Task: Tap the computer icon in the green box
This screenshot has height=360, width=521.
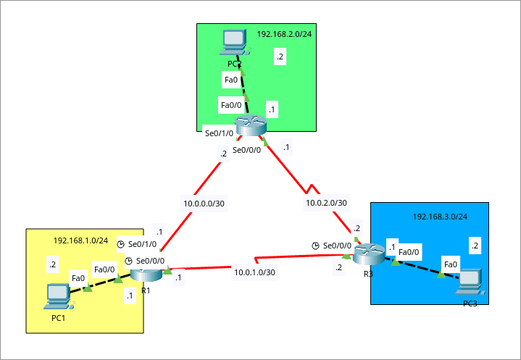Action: click(x=235, y=43)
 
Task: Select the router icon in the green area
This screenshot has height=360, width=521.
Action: click(x=251, y=125)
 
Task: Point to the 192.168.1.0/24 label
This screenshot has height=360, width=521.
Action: click(x=80, y=240)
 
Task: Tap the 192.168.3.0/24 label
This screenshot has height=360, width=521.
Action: click(x=440, y=217)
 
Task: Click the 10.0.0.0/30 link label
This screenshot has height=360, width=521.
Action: click(x=204, y=204)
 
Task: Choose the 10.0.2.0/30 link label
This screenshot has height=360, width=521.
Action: click(x=326, y=204)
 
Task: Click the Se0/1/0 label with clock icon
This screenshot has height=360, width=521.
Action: click(x=142, y=245)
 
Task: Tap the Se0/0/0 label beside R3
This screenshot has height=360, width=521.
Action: click(x=337, y=246)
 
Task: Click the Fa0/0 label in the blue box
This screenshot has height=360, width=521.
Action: click(x=409, y=251)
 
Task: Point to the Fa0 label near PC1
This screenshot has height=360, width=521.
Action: click(x=78, y=277)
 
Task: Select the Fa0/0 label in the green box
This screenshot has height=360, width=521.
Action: click(x=230, y=106)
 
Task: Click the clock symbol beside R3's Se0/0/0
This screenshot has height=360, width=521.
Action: click(x=315, y=246)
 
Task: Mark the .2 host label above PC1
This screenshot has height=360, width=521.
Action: click(x=52, y=265)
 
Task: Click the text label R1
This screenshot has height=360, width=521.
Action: click(x=146, y=290)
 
